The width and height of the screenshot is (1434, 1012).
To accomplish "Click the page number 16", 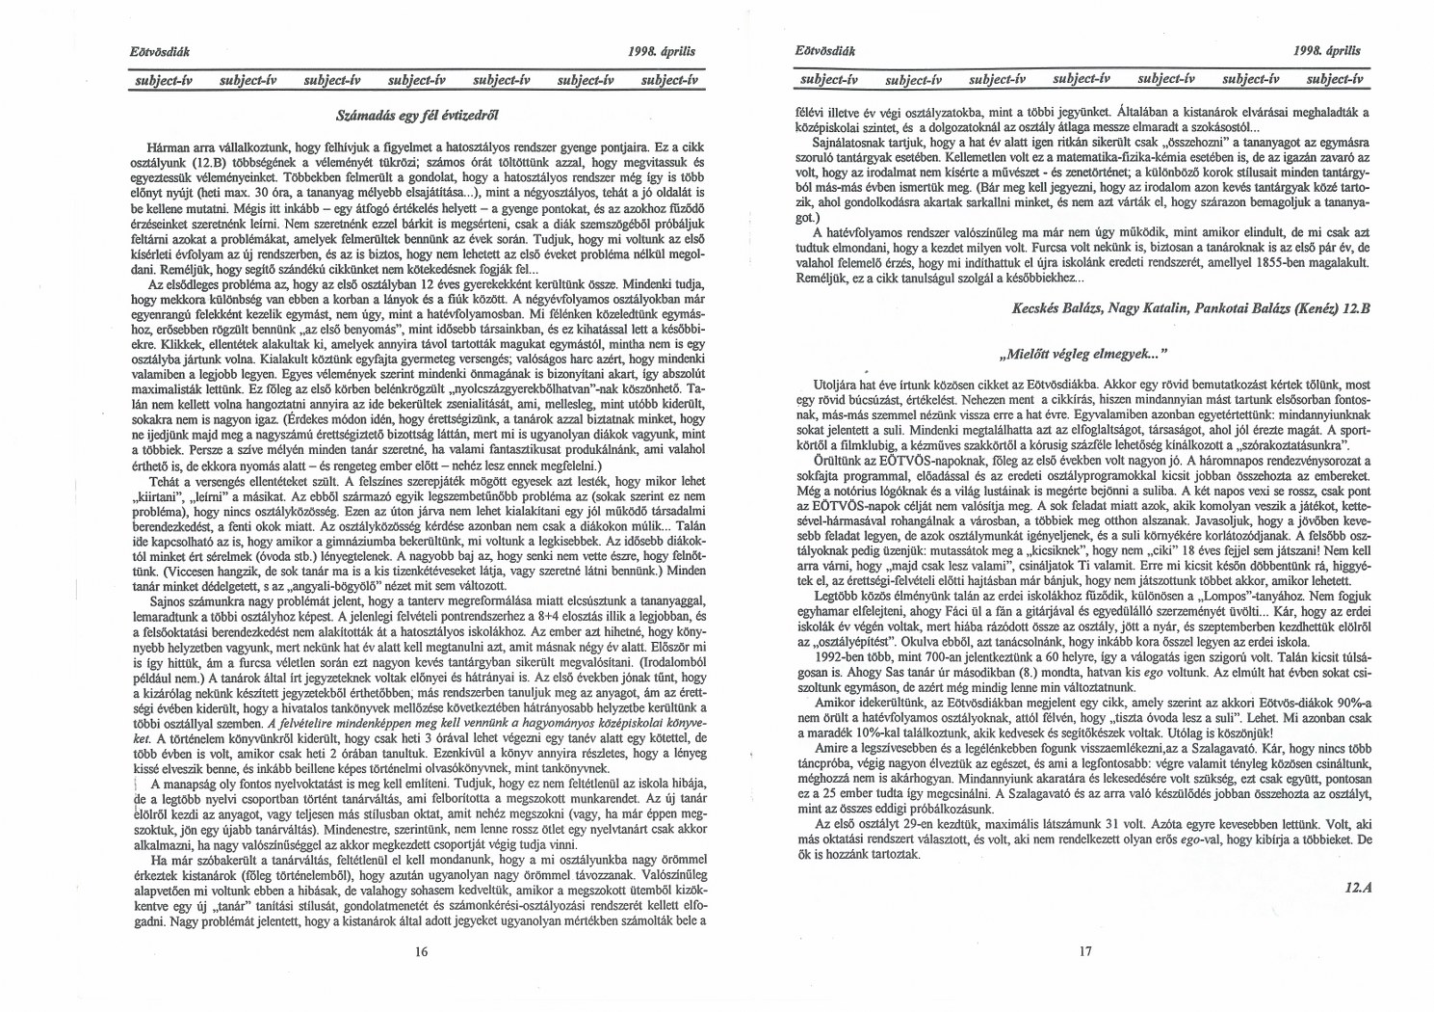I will (x=421, y=951).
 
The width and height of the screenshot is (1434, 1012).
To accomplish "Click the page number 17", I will (x=1085, y=951).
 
